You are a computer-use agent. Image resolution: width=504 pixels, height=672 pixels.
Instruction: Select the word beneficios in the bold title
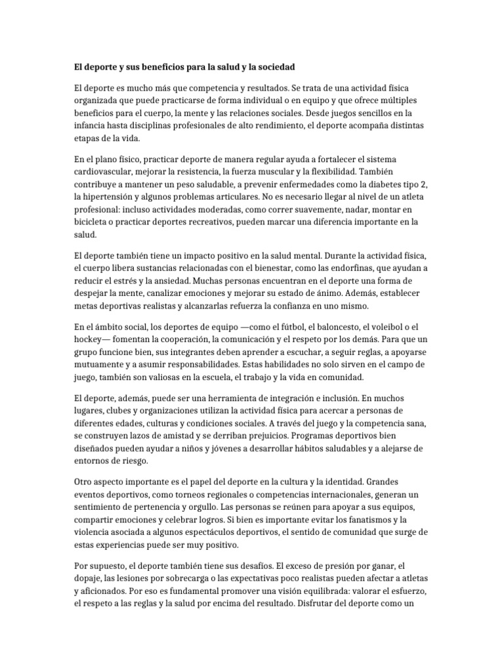tap(154, 67)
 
